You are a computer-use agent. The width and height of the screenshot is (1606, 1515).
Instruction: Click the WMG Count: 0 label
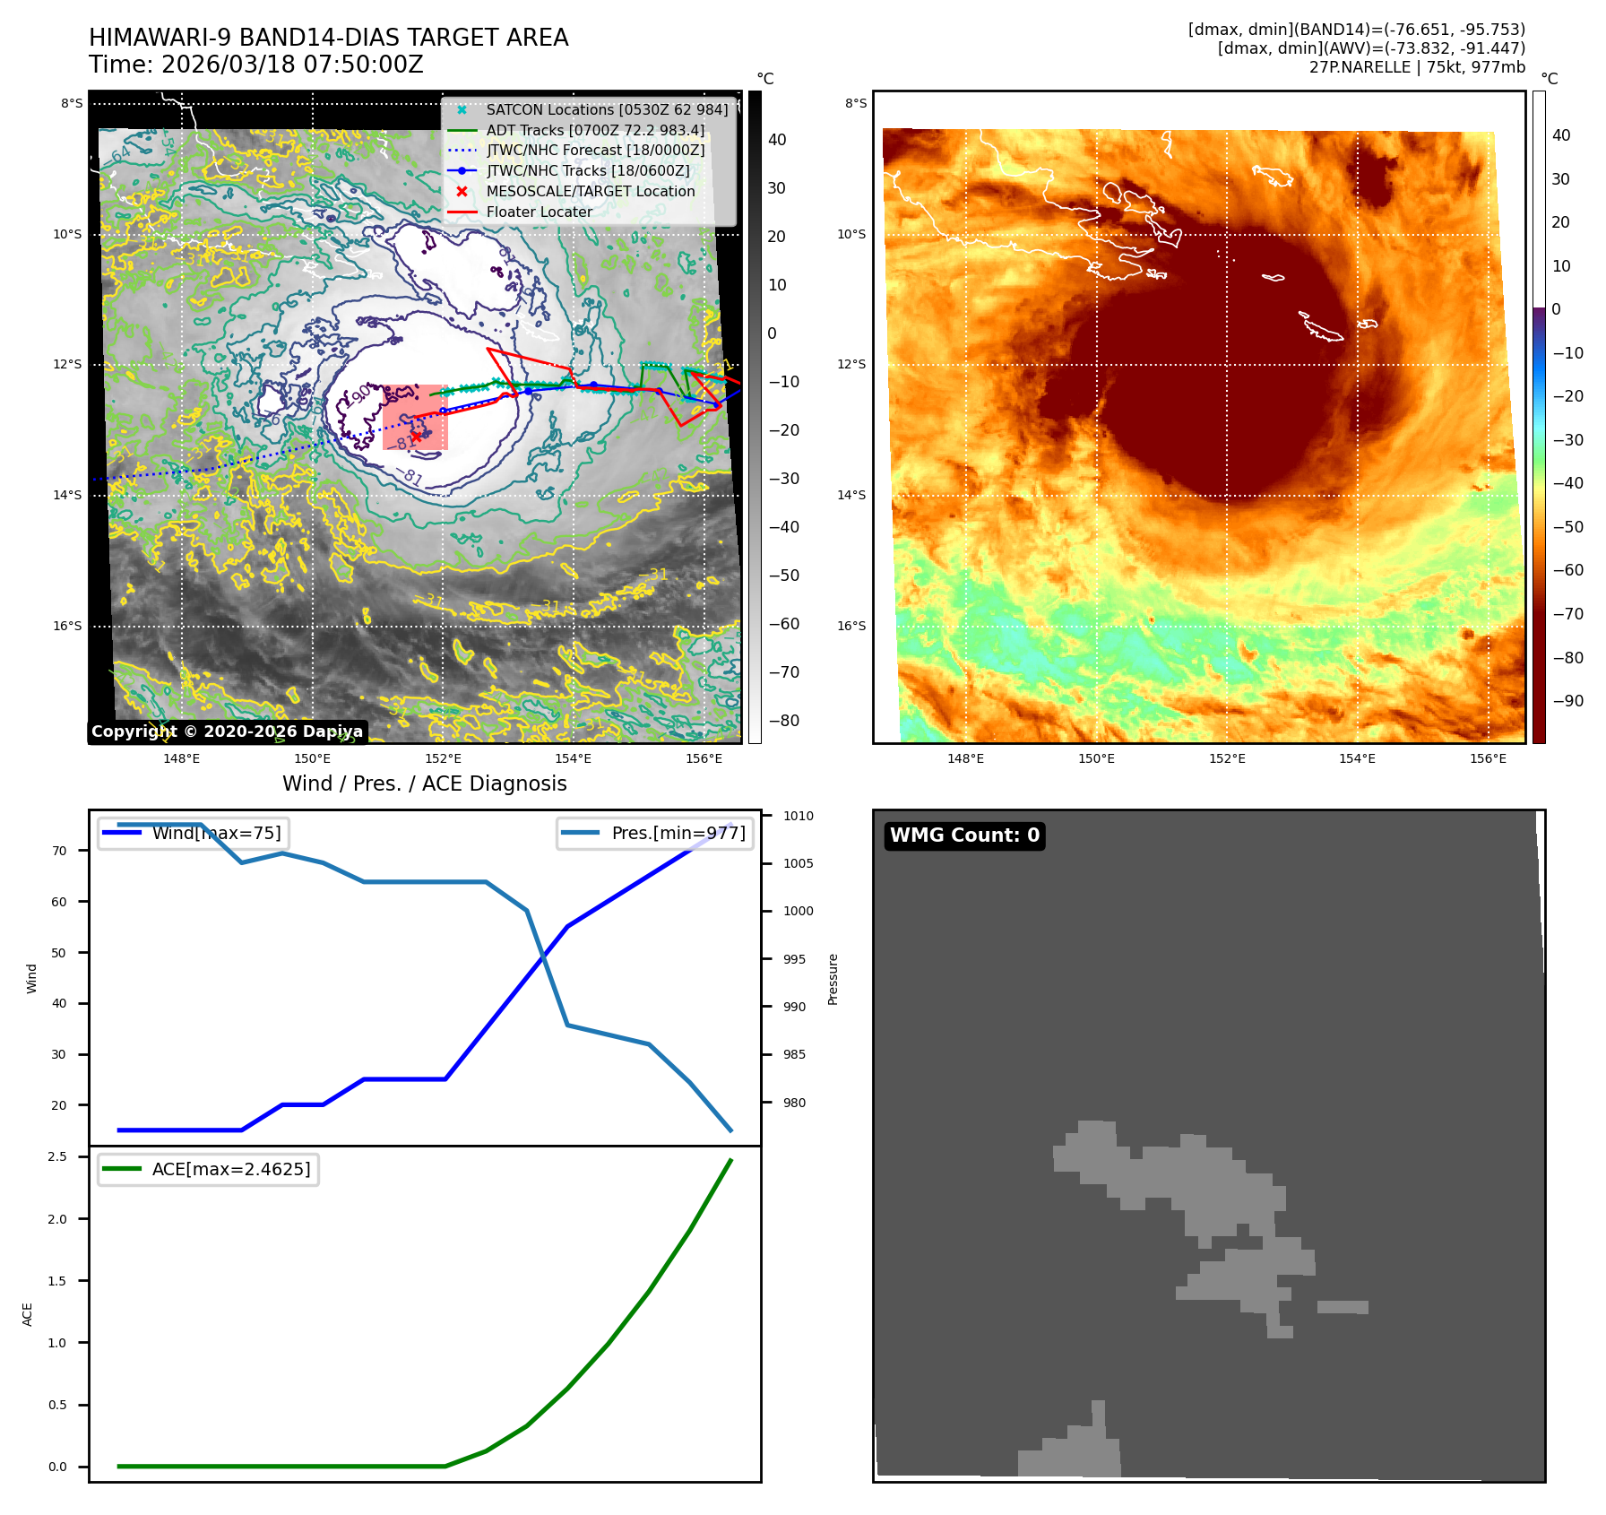click(964, 835)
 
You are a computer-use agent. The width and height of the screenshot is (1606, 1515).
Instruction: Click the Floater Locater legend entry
click(539, 212)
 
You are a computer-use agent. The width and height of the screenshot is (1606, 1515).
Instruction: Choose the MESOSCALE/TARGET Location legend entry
click(590, 191)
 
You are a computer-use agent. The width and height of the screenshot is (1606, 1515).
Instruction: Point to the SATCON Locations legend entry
click(607, 109)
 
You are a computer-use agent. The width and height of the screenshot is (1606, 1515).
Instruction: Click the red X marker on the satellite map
click(417, 437)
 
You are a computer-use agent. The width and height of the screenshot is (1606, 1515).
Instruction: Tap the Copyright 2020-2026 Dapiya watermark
click(227, 732)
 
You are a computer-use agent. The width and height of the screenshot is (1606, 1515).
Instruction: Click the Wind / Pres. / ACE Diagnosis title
click(424, 783)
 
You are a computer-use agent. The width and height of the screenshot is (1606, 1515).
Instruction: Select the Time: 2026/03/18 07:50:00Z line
click(255, 65)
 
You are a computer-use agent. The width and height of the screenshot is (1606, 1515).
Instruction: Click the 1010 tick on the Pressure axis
click(798, 816)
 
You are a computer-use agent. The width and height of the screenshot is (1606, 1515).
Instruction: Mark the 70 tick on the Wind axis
click(59, 851)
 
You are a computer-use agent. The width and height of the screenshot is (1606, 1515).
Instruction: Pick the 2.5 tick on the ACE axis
click(57, 1156)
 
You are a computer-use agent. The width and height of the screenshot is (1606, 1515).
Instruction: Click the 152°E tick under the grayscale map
click(443, 758)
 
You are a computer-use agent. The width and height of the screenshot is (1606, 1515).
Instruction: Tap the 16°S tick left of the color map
click(851, 626)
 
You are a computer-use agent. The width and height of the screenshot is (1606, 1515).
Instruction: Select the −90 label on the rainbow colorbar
click(1567, 701)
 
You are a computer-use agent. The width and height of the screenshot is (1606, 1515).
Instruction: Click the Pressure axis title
click(833, 979)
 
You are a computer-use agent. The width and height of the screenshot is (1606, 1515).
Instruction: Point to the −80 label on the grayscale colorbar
click(783, 721)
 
